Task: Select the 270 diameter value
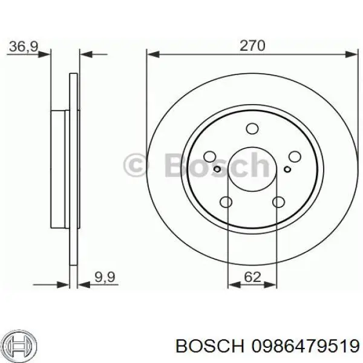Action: tap(253, 46)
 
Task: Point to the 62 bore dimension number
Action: tap(252, 278)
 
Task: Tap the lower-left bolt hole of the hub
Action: tap(227, 203)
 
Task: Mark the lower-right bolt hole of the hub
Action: tap(278, 203)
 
